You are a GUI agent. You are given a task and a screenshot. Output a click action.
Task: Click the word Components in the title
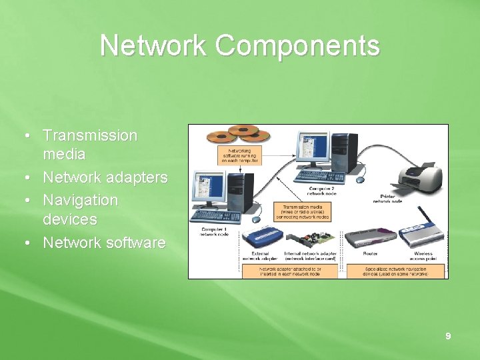pos(297,46)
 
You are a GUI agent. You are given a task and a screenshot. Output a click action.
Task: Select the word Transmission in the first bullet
pos(90,135)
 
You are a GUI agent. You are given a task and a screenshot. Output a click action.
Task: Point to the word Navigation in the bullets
pos(81,200)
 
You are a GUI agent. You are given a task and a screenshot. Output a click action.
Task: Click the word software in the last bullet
pos(132,243)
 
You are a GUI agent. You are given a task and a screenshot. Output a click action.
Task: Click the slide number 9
pos(448,337)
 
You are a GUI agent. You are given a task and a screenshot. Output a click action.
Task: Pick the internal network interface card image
pos(311,239)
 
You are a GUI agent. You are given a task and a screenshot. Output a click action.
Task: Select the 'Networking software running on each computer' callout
pos(239,155)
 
